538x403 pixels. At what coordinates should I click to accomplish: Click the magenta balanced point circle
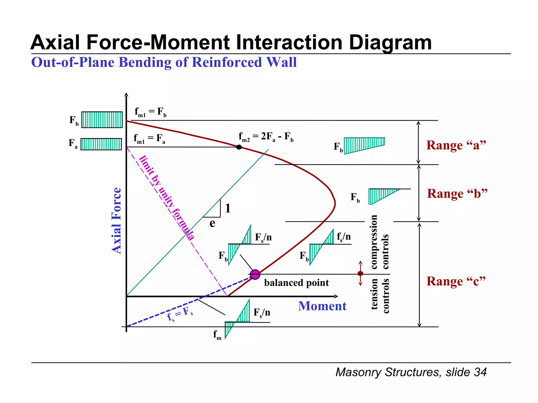click(x=255, y=274)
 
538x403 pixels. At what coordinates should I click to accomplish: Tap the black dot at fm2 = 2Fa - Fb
click(x=239, y=147)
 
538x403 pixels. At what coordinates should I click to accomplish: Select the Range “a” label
click(x=456, y=145)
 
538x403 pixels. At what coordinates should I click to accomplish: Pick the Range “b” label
click(x=457, y=194)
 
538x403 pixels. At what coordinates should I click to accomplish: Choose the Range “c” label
click(x=456, y=281)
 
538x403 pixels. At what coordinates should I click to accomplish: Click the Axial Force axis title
click(x=116, y=221)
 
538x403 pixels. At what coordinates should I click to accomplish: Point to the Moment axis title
click(x=322, y=306)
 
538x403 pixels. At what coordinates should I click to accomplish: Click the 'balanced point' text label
click(x=296, y=283)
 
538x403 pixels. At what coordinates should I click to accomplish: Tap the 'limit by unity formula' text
click(x=167, y=198)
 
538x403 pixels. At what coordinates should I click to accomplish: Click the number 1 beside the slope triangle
click(x=227, y=208)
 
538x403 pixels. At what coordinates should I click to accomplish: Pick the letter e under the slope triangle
click(x=212, y=223)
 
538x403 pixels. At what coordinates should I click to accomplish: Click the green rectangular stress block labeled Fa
click(x=101, y=144)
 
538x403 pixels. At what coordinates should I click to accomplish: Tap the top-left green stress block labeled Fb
click(x=102, y=120)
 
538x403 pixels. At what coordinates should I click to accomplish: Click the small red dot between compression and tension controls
click(x=360, y=273)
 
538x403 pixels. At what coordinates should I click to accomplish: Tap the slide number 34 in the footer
click(x=480, y=372)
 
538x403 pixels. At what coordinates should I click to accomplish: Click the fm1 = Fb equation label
click(x=151, y=112)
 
